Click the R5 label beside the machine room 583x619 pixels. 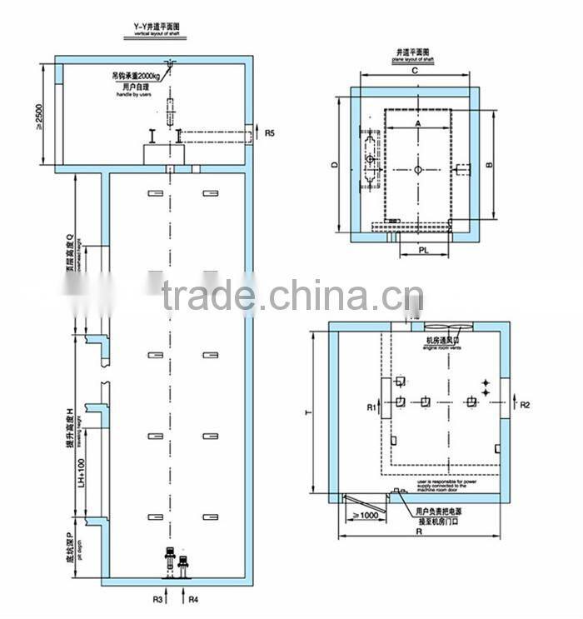point(269,132)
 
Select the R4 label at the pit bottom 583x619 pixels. point(193,598)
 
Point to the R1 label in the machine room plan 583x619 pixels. point(372,407)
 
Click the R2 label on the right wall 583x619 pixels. point(525,406)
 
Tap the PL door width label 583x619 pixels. point(423,248)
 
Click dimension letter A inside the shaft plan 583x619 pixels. point(416,122)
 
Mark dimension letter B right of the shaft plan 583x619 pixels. point(490,164)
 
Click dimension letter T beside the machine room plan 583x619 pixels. point(308,412)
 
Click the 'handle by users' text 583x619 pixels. point(133,95)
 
